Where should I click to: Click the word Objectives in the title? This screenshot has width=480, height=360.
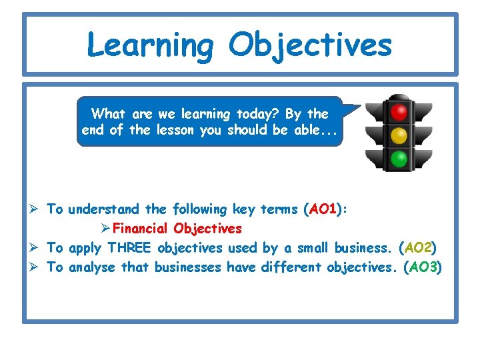click(x=310, y=45)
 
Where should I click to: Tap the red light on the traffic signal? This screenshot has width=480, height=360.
click(x=399, y=110)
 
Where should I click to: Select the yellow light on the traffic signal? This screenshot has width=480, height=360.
click(x=399, y=135)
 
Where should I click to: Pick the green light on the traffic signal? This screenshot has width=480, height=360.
click(x=399, y=159)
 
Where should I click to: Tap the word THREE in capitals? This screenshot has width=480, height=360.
click(x=130, y=248)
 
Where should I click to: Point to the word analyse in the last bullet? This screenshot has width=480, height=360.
click(x=93, y=267)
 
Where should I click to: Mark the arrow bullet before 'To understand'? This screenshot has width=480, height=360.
click(x=37, y=209)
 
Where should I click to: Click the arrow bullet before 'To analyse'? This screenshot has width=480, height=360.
click(x=37, y=267)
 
